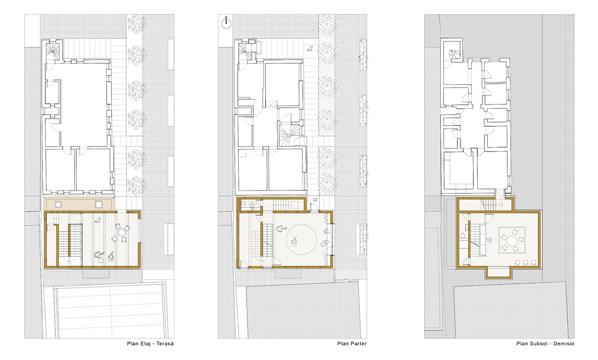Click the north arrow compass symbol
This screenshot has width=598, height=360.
[226, 23]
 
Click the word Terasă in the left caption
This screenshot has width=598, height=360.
[165, 344]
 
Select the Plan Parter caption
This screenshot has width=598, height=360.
[352, 344]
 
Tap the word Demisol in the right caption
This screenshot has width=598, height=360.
[564, 344]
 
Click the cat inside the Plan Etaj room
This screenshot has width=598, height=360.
[98, 220]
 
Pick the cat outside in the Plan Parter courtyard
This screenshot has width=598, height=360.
[310, 48]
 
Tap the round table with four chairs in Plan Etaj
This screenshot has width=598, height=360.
[122, 233]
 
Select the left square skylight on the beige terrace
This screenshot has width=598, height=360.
[58, 204]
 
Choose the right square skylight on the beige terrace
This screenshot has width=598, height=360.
[99, 204]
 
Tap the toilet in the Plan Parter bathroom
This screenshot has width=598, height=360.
[253, 205]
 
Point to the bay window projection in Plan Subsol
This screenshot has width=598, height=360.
[498, 272]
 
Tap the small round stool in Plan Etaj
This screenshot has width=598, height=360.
[100, 260]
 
